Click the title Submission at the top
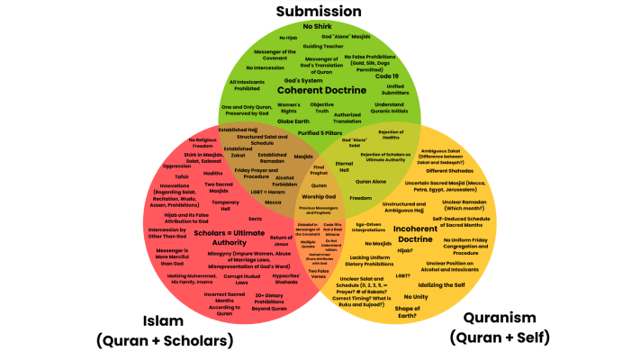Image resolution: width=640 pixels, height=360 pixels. (319, 12)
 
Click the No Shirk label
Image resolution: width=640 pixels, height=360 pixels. (320, 27)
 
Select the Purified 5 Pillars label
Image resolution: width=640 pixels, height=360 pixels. (321, 132)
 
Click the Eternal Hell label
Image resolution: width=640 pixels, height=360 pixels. (344, 167)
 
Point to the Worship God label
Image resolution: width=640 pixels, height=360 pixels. (319, 195)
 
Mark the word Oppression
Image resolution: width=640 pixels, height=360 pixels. (176, 166)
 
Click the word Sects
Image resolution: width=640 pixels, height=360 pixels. (255, 220)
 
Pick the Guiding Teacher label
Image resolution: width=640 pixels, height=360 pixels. (319, 45)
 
